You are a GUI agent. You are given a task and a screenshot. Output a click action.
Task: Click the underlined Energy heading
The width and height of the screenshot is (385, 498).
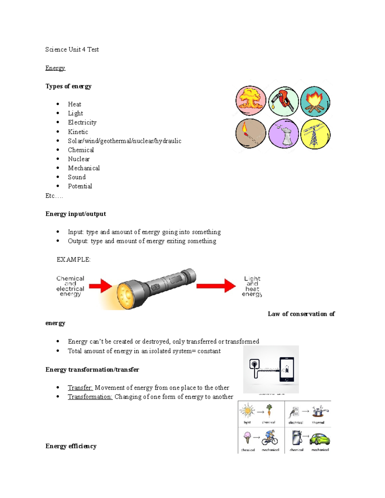point(55,68)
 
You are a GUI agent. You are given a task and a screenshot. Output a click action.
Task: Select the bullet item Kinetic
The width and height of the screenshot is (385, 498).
point(78,132)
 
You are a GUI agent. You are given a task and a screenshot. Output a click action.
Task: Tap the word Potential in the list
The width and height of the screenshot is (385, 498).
point(80,186)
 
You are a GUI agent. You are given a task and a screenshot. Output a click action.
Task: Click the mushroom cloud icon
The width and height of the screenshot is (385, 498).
point(251,101)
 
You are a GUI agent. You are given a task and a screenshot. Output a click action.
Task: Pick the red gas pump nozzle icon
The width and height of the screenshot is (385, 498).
point(284,101)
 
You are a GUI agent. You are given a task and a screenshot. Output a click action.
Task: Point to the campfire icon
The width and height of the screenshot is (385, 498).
point(315,101)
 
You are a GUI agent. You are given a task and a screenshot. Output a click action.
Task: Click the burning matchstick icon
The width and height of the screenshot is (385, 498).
point(251,133)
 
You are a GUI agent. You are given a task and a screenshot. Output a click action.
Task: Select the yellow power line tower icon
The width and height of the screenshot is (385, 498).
point(315,134)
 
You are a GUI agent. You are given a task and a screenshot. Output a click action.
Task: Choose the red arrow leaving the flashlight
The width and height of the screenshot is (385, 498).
point(216,286)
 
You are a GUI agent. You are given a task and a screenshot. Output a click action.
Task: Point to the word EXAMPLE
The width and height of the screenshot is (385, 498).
point(73,259)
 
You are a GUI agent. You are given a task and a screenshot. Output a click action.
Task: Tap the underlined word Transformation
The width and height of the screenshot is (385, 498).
point(90,397)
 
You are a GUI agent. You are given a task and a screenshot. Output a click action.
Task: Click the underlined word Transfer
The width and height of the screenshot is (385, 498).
point(80,388)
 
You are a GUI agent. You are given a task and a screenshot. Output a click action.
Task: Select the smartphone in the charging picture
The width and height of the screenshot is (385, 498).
point(287,369)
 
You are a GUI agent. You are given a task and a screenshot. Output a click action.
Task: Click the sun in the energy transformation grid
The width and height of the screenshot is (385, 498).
point(247,411)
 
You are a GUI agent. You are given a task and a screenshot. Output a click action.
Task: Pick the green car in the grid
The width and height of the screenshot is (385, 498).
point(320,439)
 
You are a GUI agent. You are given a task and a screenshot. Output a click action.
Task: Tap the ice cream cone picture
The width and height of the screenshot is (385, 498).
point(247,437)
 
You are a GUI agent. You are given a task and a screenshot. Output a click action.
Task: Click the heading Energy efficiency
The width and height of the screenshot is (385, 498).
point(71,446)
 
